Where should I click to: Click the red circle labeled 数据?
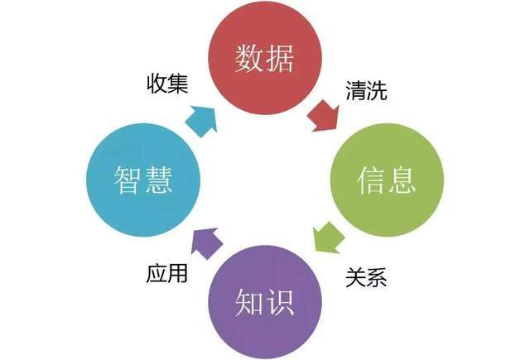[x=265, y=58]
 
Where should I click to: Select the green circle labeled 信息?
[x=387, y=180]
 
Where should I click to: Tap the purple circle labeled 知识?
[x=265, y=301]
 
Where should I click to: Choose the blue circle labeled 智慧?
[x=143, y=180]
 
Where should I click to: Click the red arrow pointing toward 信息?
[x=324, y=116]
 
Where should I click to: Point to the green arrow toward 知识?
[x=328, y=237]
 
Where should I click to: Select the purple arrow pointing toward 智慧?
[x=206, y=243]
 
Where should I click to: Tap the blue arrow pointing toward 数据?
[x=201, y=122]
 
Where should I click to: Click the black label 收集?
[x=167, y=84]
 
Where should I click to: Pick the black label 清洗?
[x=366, y=90]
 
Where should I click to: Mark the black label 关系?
[x=366, y=277]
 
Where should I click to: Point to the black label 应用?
[x=167, y=274]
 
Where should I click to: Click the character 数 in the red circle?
[x=249, y=58]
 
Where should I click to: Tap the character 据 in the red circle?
[x=280, y=58]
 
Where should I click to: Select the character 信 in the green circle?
[x=371, y=180]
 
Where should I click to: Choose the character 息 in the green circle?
[x=402, y=180]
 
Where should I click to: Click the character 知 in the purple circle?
[x=249, y=302]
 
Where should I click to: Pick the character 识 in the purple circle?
[x=280, y=302]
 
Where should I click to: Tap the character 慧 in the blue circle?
[x=158, y=180]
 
